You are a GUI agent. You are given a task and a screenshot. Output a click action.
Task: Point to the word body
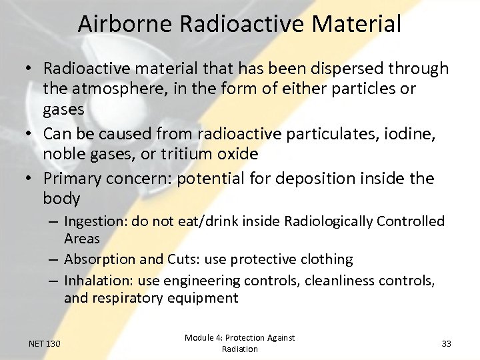[61, 199]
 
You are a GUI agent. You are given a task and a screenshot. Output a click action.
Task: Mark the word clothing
[326, 259]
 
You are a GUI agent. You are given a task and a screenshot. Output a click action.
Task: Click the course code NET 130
[45, 343]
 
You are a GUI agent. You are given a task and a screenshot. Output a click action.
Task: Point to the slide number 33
[446, 343]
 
